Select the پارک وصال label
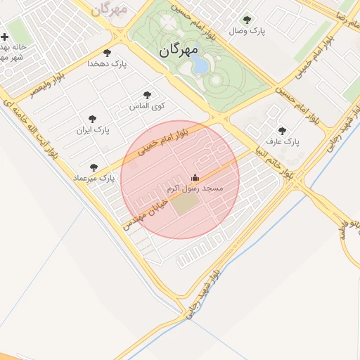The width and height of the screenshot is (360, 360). (x=246, y=32)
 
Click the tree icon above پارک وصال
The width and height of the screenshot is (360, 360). (x=246, y=20)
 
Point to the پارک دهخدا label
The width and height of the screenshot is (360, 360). (x=107, y=63)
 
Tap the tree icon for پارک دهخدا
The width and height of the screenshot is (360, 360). (x=107, y=52)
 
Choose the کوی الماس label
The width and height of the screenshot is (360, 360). (x=147, y=105)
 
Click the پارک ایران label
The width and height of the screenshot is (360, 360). (x=93, y=131)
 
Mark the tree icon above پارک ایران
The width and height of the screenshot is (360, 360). (x=92, y=120)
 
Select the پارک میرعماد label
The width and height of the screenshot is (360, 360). (x=93, y=179)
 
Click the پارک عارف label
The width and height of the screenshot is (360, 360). (x=283, y=142)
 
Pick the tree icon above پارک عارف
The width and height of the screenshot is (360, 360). (x=282, y=131)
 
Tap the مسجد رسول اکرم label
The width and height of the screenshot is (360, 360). (x=195, y=189)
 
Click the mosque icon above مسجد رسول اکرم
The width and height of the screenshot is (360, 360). (x=195, y=177)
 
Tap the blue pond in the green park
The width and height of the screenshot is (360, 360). (x=200, y=65)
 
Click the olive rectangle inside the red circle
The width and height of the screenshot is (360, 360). (x=186, y=204)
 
